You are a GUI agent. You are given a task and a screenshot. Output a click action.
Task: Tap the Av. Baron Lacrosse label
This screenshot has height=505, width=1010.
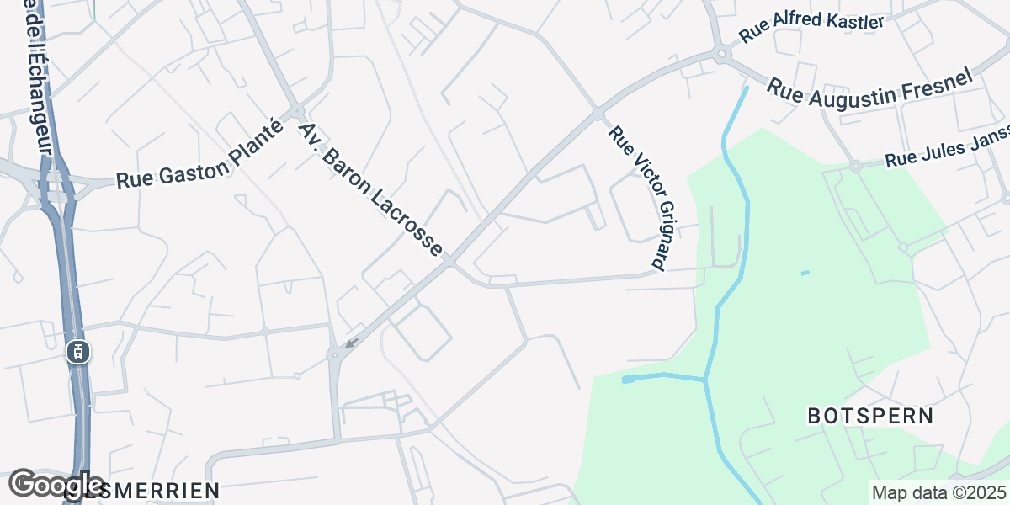click(x=369, y=190)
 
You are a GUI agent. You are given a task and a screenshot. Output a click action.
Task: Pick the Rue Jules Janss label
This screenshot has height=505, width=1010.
click(x=945, y=155)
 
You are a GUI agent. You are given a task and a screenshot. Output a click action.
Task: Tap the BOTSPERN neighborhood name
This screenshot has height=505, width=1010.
click(x=870, y=416)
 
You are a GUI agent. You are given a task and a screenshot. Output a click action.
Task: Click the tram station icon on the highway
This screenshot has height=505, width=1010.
click(x=78, y=352)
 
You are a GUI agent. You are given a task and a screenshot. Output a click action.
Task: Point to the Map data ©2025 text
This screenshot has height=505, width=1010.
click(x=938, y=492)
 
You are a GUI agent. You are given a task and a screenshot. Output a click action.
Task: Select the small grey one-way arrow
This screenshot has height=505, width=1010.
click(x=351, y=343)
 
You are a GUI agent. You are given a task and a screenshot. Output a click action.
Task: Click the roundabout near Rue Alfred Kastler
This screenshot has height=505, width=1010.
click(x=721, y=56)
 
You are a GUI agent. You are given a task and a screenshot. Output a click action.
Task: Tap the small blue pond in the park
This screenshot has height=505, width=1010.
click(x=805, y=273)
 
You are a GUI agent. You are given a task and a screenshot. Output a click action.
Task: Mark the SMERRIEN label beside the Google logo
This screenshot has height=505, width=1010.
click(x=160, y=490)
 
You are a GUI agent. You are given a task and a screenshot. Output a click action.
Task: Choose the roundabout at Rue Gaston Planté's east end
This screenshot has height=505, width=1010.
click(x=297, y=110)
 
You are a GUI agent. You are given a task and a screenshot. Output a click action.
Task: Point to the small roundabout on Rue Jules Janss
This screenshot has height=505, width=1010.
click(x=854, y=166)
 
